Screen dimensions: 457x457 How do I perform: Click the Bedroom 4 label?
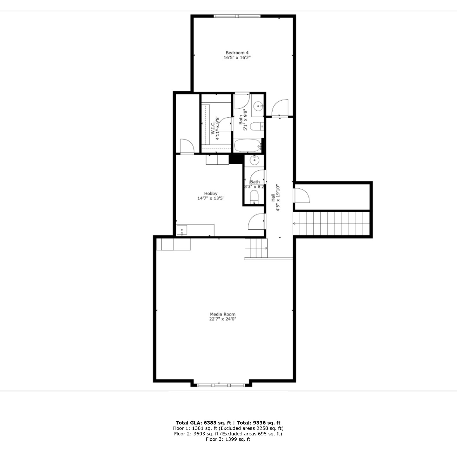[237, 53]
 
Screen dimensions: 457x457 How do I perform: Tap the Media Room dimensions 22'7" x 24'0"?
[223, 319]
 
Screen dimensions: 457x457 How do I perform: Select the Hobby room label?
[211, 194]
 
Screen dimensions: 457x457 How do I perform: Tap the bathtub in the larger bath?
[247, 145]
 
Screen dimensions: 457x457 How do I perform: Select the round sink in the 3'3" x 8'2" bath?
[254, 160]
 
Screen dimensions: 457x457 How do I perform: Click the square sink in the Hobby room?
[182, 231]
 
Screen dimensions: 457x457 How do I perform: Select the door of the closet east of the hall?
[301, 196]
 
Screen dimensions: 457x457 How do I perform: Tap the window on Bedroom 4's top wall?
[237, 16]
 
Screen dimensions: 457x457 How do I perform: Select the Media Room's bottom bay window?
[221, 385]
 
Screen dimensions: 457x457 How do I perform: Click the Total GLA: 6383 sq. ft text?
[203, 423]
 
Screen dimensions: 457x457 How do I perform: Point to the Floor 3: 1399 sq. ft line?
[228, 439]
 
